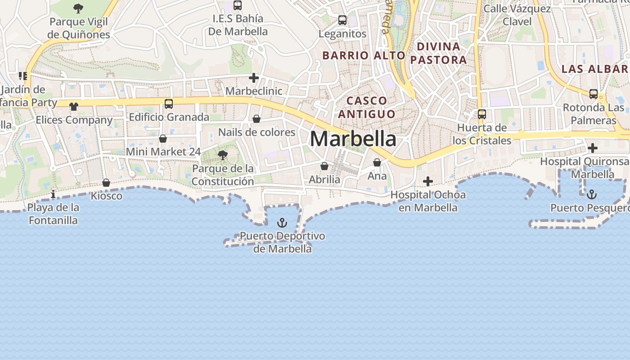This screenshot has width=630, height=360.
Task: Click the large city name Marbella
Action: pyautogui.click(x=353, y=139)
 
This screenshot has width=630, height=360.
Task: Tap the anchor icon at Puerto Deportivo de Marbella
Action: pyautogui.click(x=282, y=223)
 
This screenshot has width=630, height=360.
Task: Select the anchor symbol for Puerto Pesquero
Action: pyautogui.click(x=592, y=194)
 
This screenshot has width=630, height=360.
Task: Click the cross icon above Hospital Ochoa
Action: pyautogui.click(x=428, y=181)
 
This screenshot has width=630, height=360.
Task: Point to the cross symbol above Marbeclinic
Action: pyautogui.click(x=254, y=78)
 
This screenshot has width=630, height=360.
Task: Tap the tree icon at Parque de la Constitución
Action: pyautogui.click(x=222, y=156)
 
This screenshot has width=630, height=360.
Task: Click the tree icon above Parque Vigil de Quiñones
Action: pyautogui.click(x=78, y=8)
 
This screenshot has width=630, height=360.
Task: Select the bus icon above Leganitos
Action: pyautogui.click(x=342, y=20)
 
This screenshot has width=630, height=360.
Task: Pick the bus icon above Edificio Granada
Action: pyautogui.click(x=169, y=104)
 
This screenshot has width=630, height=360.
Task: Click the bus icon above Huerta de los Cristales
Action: pyautogui.click(x=482, y=114)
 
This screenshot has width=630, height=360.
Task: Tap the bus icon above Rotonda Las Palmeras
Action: pyautogui.click(x=594, y=94)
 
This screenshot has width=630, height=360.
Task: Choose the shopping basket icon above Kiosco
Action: pyautogui.click(x=106, y=183)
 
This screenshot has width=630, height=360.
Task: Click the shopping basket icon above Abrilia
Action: pyautogui.click(x=324, y=166)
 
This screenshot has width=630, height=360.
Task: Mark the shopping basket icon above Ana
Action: pyautogui.click(x=377, y=162)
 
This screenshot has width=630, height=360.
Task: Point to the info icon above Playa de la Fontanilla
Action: pyautogui.click(x=53, y=194)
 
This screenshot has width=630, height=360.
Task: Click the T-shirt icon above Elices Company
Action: pyautogui.click(x=74, y=107)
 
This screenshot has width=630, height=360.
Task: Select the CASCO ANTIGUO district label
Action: pyautogui.click(x=367, y=107)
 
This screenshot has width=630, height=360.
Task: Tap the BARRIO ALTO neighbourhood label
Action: pyautogui.click(x=364, y=55)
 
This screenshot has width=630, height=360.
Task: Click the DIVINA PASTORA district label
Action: pyautogui.click(x=439, y=53)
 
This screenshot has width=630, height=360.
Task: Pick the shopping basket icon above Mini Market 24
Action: pyautogui.click(x=163, y=139)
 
